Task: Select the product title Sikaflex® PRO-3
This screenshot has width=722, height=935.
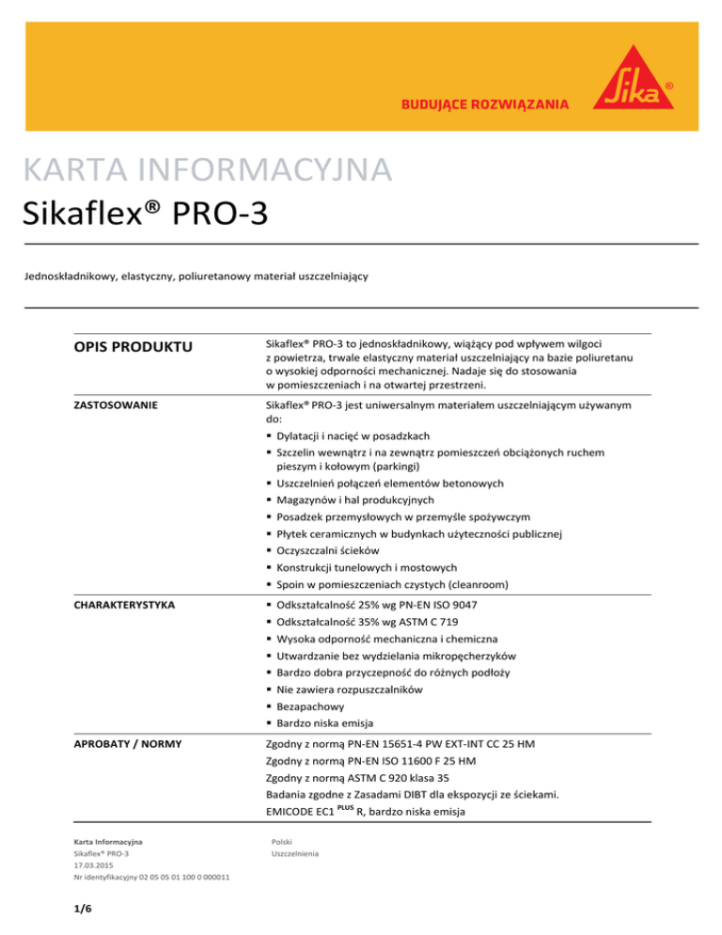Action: (148, 214)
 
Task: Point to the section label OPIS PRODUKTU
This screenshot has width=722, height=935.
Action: (127, 349)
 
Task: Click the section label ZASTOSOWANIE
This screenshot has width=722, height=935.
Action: (116, 406)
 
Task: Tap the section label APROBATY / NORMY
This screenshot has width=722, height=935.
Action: (124, 745)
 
